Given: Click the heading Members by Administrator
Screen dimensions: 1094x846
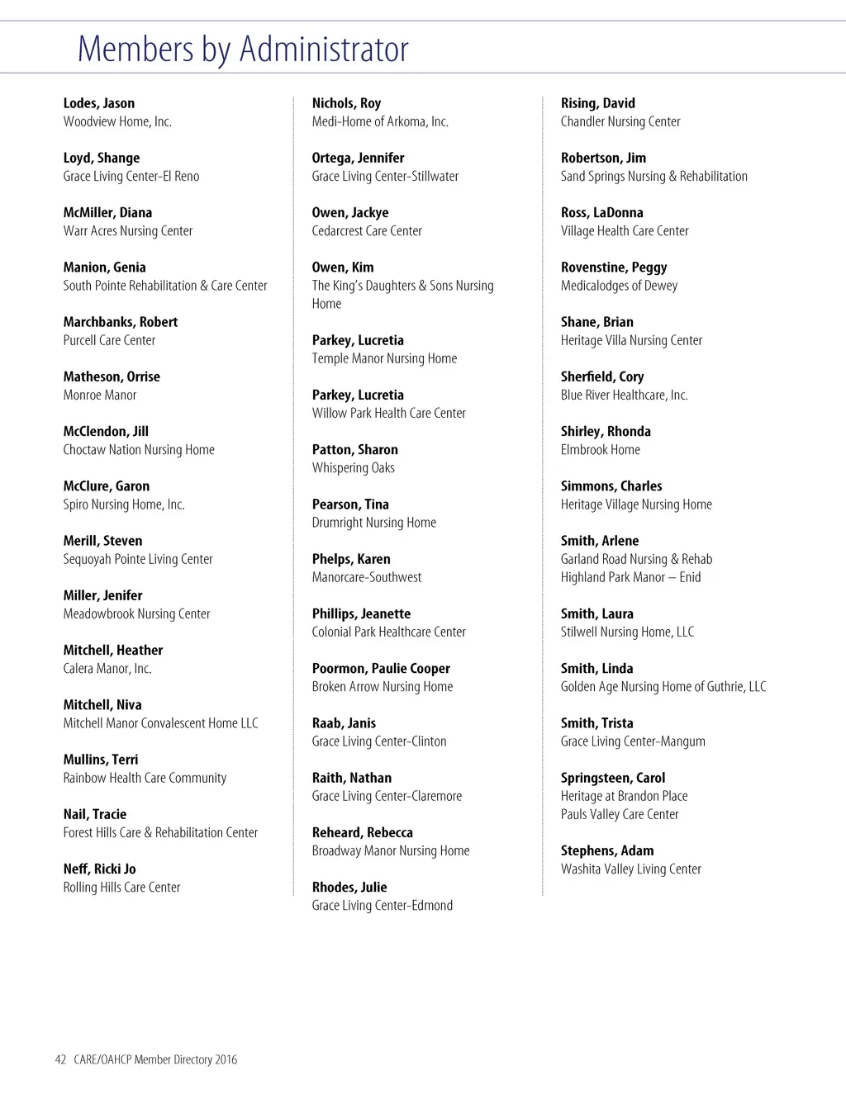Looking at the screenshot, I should tap(243, 50).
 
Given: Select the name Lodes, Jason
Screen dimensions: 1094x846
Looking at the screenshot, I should tap(99, 103).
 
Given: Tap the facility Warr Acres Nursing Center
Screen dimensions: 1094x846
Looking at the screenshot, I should tap(128, 231).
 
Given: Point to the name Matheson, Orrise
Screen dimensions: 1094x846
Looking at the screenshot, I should tap(112, 377).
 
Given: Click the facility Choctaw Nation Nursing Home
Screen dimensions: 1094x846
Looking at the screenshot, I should tap(139, 450).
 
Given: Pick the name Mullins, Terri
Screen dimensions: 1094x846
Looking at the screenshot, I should tap(101, 760).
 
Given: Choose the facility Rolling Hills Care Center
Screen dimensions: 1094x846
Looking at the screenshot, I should tap(121, 888).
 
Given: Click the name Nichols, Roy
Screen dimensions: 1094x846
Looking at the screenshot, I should tap(346, 103).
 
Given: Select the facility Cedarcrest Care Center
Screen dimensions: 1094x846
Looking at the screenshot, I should tap(367, 231).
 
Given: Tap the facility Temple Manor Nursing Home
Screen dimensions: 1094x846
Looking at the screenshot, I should tap(384, 358).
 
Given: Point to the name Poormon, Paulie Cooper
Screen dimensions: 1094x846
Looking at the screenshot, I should tap(381, 669).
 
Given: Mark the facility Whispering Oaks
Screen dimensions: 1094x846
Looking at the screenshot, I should tap(354, 468).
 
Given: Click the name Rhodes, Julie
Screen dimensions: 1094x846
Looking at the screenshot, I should tap(349, 888).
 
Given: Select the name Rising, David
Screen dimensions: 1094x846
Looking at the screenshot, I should tap(598, 103).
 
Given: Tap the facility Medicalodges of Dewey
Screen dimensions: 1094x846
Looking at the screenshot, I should tap(619, 286).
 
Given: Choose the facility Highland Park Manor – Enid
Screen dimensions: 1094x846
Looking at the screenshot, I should tap(630, 578).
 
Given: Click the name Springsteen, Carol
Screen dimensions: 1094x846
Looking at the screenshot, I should tap(613, 778).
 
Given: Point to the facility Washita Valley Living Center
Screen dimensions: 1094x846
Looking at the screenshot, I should tap(631, 869).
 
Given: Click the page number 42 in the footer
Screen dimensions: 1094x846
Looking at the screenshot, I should tap(60, 1060).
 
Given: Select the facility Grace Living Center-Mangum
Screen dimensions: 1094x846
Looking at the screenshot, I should tap(633, 741).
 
